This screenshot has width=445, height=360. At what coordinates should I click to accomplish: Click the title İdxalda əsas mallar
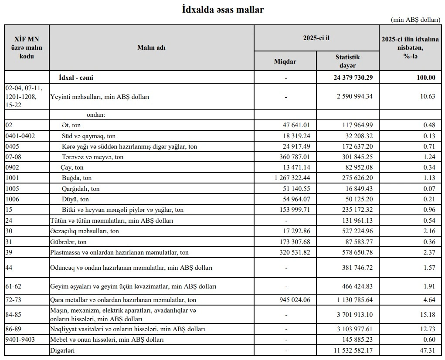(223, 9)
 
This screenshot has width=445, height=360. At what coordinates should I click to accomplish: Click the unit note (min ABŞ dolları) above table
(416, 20)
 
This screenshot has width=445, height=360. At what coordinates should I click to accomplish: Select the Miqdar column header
(285, 61)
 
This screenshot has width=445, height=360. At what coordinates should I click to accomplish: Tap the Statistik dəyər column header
(347, 61)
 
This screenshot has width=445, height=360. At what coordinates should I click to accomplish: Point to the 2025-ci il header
(316, 38)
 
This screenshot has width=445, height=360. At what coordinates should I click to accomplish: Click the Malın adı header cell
(151, 48)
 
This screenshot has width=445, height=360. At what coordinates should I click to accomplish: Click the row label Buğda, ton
(77, 178)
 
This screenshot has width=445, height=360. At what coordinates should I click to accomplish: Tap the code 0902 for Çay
(12, 167)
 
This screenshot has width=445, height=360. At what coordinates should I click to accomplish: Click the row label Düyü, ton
(75, 199)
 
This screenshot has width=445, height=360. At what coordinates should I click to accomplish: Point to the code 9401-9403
(21, 340)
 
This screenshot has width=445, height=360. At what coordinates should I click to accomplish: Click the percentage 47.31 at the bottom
(428, 350)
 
